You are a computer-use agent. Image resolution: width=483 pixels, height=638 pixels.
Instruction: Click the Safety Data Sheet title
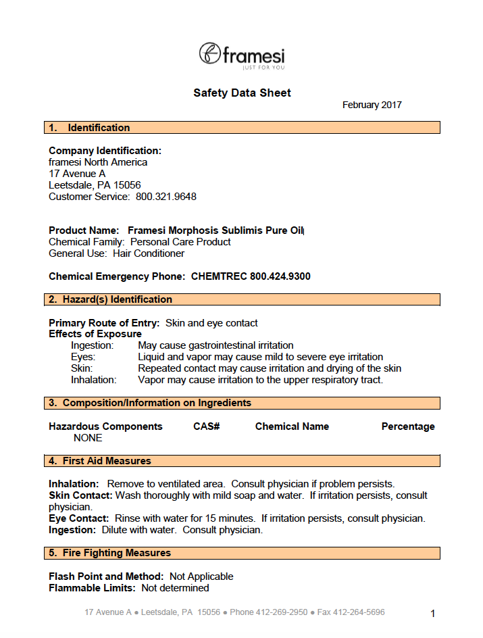242,93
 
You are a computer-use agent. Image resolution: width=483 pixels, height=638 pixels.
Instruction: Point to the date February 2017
372,105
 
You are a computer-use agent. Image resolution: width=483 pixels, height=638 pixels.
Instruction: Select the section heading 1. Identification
89,128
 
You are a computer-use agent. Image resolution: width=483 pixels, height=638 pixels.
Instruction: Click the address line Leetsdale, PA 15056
95,185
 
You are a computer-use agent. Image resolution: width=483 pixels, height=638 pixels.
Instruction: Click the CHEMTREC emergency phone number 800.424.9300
280,276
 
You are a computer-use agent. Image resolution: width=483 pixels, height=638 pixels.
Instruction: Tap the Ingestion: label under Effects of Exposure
93,345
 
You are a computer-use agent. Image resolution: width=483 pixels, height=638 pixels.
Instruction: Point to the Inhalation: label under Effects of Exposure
94,380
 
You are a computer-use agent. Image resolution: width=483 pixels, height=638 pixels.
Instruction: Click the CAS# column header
207,426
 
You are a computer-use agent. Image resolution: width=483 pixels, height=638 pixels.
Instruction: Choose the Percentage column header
408,426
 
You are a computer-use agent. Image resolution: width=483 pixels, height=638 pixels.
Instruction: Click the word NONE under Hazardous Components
88,438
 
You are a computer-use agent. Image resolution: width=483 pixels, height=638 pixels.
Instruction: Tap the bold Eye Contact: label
78,518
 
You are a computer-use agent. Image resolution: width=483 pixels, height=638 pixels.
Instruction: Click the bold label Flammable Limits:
93,588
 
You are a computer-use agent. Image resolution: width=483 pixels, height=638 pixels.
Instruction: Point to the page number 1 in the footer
433,614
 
